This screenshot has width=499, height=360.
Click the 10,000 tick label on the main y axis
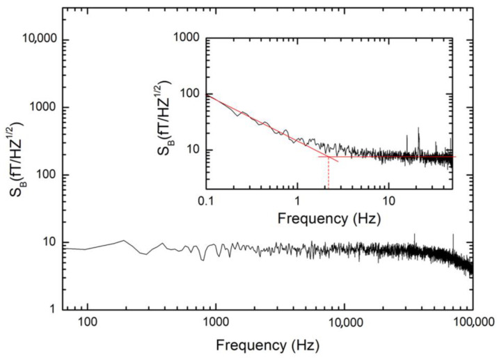35,40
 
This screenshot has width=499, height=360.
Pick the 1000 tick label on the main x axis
215,324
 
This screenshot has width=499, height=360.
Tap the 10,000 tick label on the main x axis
344,324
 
